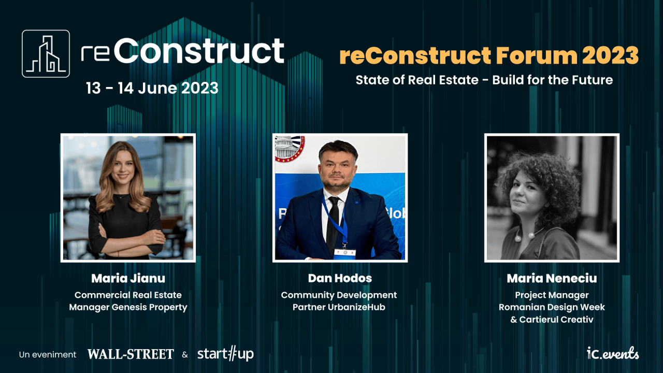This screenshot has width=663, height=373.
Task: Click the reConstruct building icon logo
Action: pyautogui.click(x=46, y=53)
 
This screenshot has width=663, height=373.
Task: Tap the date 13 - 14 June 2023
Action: pyautogui.click(x=152, y=88)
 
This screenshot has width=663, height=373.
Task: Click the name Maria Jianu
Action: pyautogui.click(x=128, y=278)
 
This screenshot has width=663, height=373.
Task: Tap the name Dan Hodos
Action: pyautogui.click(x=340, y=278)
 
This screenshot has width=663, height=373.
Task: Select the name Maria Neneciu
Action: pyautogui.click(x=552, y=278)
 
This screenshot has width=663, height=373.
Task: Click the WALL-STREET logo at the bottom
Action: pyautogui.click(x=131, y=354)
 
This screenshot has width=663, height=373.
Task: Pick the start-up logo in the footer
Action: pyautogui.click(x=225, y=354)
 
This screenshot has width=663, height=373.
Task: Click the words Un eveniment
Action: pyautogui.click(x=48, y=355)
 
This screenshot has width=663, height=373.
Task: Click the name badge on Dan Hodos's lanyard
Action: pyautogui.click(x=344, y=252)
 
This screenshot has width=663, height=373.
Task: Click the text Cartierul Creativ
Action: pyautogui.click(x=556, y=320)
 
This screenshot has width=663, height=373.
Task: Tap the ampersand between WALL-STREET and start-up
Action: pyautogui.click(x=185, y=355)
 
